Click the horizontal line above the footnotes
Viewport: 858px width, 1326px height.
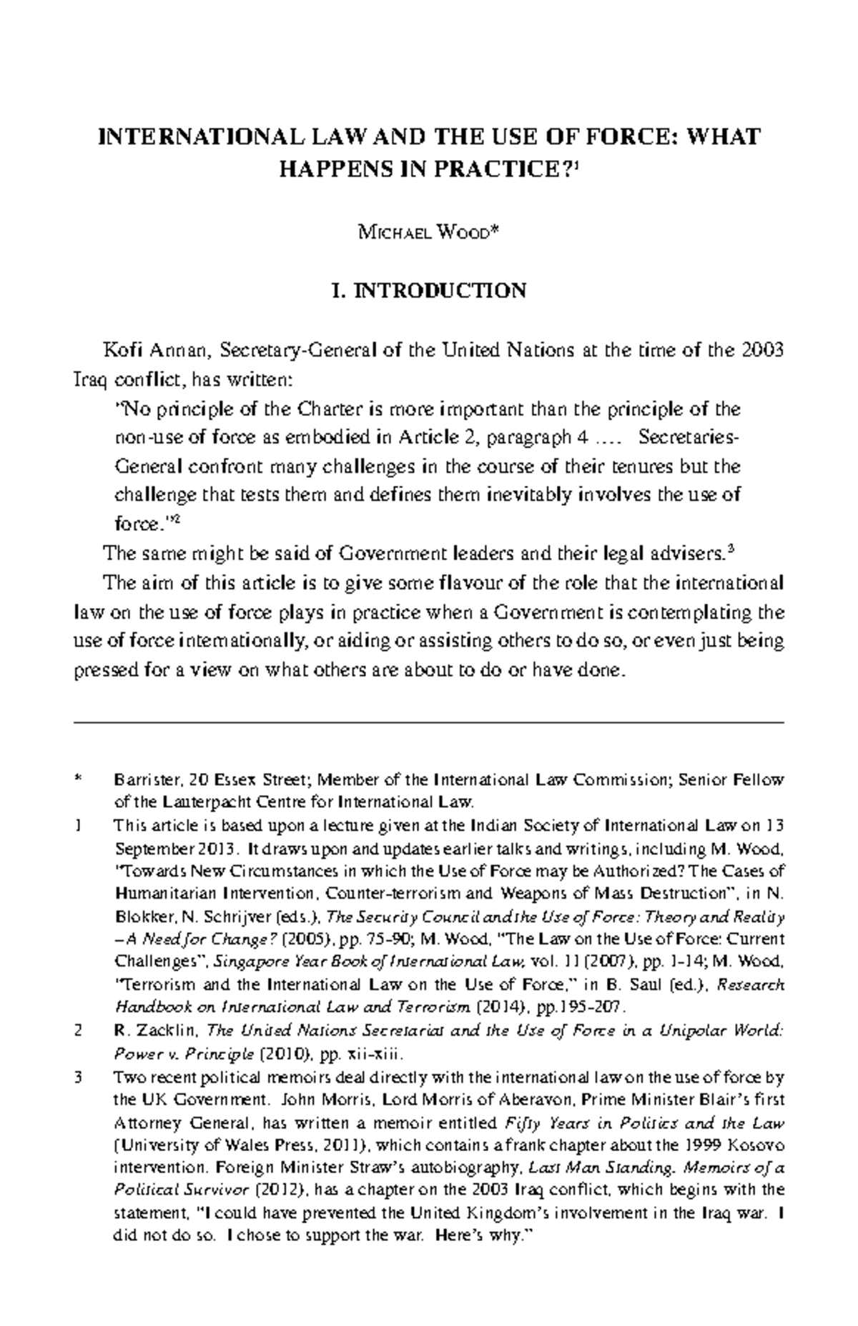coord(429,723)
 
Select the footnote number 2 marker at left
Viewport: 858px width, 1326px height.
coord(78,1032)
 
